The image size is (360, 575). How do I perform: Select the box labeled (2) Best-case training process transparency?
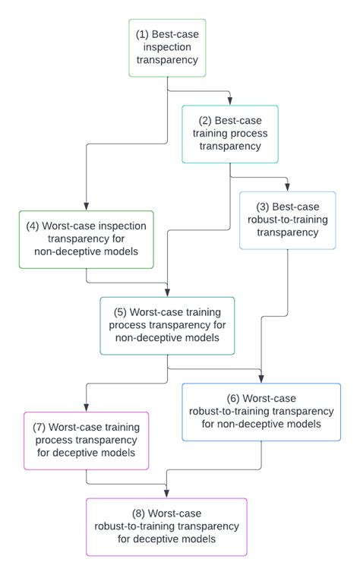[229, 134]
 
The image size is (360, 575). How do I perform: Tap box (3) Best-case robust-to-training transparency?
[287, 220]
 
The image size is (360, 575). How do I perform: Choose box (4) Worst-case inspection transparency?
[86, 239]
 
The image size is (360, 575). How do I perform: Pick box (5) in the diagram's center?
[167, 325]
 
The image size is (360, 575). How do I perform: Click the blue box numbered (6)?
[261, 412]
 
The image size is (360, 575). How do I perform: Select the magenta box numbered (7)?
[86, 441]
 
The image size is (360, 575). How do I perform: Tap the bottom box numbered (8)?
[166, 526]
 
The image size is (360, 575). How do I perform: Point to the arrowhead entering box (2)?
[230, 101]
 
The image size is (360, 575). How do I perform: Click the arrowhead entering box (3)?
[287, 187]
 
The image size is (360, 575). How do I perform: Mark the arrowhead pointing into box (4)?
[86, 206]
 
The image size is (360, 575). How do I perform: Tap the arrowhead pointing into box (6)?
[261, 378]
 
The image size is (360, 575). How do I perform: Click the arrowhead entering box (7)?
[86, 407]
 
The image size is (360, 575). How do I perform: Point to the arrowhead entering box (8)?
[166, 494]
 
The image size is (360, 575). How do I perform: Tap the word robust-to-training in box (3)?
[287, 220]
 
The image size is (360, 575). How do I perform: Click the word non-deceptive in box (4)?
[65, 251]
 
